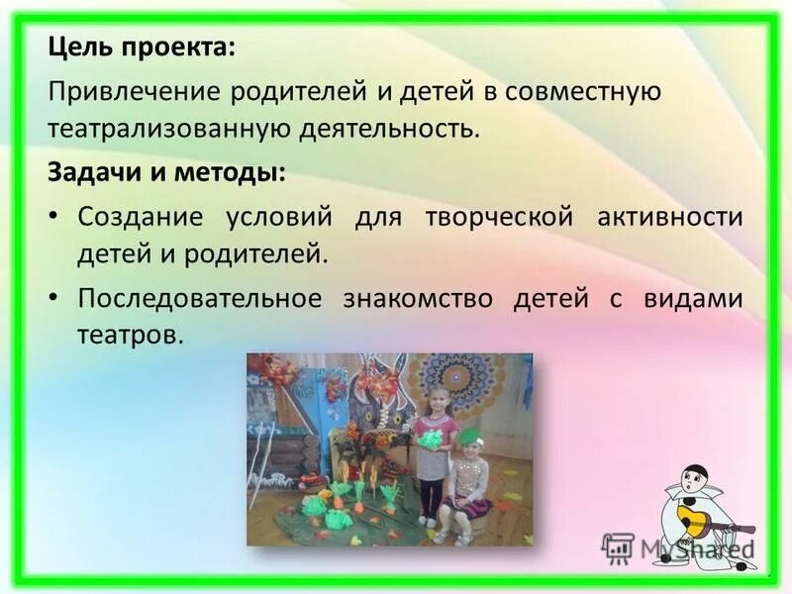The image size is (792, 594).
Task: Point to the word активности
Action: point(669,217)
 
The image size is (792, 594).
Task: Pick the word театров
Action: point(130,336)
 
